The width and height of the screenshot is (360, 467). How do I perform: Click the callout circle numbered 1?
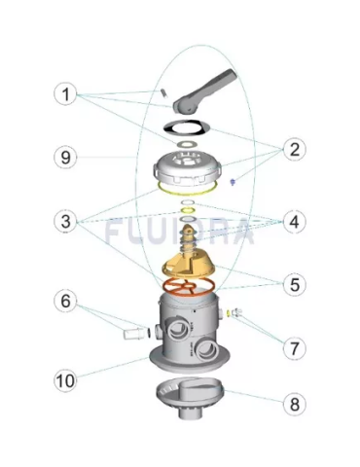[x=64, y=94]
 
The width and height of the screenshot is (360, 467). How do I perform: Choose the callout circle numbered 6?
[x=64, y=303]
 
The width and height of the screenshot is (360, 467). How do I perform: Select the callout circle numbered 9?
[x=64, y=156]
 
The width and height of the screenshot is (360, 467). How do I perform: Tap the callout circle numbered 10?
[x=66, y=380]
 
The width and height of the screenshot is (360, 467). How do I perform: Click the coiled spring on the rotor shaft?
[x=193, y=233]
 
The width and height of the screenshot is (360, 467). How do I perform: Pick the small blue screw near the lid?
[x=234, y=181]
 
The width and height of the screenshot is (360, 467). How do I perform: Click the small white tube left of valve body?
[x=131, y=334]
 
